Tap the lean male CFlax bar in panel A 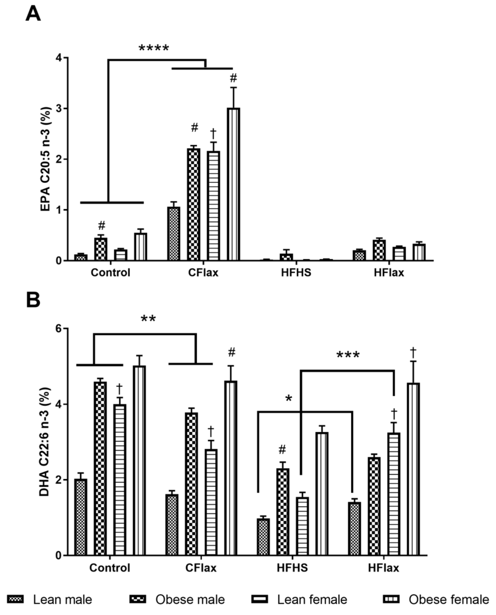173,234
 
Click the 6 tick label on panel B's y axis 59,329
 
